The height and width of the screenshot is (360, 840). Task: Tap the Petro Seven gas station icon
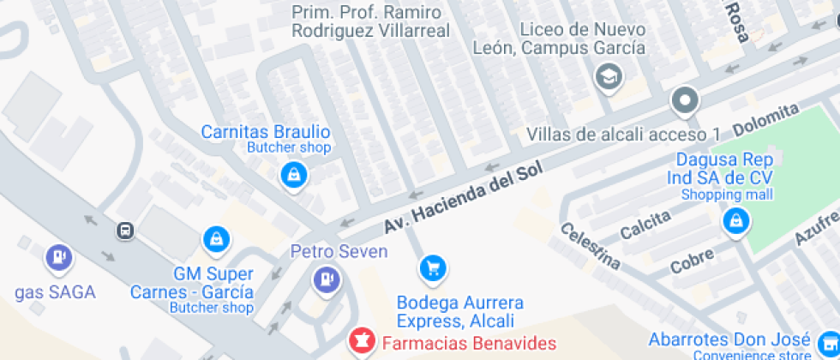(x=327, y=279)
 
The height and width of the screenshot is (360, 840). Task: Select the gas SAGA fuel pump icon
(x=59, y=256)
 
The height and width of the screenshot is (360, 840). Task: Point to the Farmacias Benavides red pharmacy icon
(x=362, y=342)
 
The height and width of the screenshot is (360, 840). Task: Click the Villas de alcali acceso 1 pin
(x=685, y=101)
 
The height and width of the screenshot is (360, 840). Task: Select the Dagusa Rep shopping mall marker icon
(x=735, y=221)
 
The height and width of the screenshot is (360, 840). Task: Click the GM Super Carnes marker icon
(x=214, y=238)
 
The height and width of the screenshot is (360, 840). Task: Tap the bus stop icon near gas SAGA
(x=126, y=231)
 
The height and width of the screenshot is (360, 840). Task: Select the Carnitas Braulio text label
(x=265, y=132)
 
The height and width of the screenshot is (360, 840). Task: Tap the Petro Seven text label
(x=339, y=252)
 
